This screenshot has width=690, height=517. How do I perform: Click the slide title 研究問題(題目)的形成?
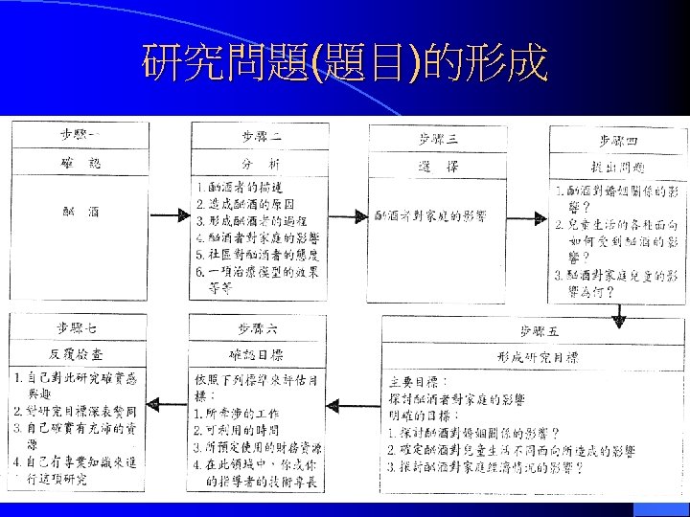coord(345,64)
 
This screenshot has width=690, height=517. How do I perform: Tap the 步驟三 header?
coord(438,138)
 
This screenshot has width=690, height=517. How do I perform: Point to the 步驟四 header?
coord(618,141)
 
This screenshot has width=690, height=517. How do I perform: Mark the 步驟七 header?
coord(77,328)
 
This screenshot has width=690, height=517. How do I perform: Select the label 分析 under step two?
coord(261,165)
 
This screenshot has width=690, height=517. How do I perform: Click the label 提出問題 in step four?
coord(618,166)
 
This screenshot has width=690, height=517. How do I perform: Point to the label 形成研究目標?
coord(537,356)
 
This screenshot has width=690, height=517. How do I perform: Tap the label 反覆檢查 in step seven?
coord(77,353)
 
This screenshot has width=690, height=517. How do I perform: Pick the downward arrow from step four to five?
coord(619,311)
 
